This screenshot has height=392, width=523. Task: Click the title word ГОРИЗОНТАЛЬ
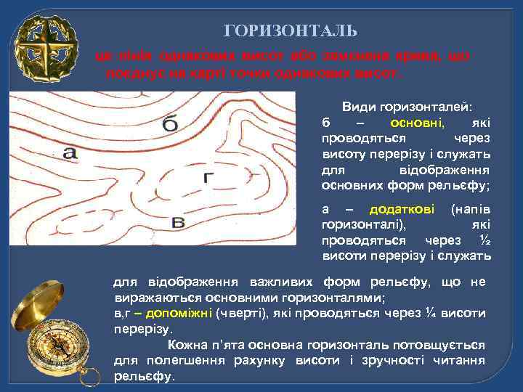point(291,30)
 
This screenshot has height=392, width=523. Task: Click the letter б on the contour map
point(169,125)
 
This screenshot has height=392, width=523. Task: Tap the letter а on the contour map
point(69,152)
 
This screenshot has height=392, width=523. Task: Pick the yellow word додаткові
point(402,210)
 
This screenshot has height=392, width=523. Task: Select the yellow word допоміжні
point(178,313)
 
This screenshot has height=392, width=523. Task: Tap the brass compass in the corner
point(54,341)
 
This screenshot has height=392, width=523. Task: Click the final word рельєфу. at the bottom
point(145,377)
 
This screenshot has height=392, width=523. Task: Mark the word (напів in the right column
point(471,210)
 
